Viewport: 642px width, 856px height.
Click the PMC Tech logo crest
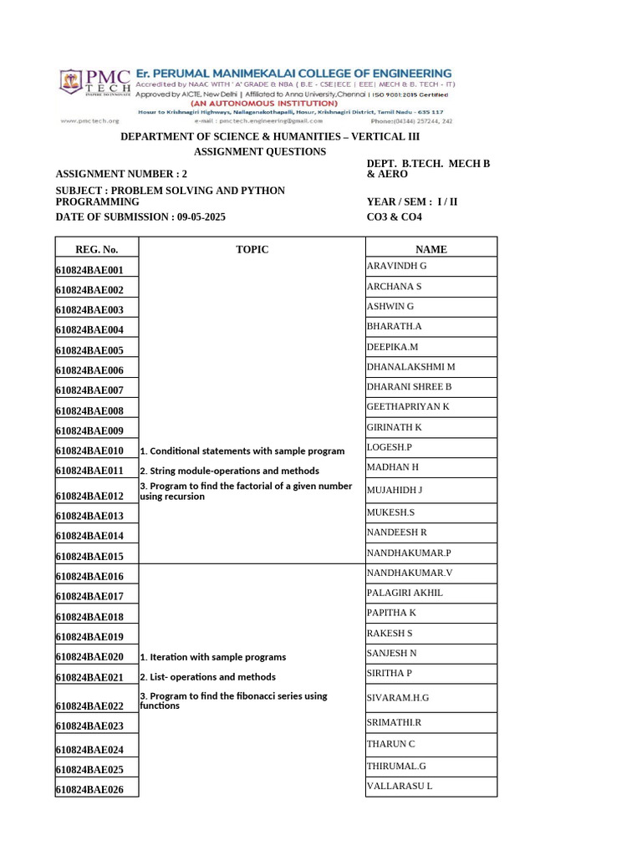(71, 82)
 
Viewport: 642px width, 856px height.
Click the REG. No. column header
(97, 249)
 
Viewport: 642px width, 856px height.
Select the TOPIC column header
(252, 249)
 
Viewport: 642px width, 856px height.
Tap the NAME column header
(431, 249)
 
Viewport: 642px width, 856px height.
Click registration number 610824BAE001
(89, 270)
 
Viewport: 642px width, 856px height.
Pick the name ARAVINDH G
(397, 266)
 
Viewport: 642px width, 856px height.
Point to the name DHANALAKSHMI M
(411, 367)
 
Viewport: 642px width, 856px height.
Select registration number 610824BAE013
(89, 516)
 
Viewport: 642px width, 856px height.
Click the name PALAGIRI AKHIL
(405, 593)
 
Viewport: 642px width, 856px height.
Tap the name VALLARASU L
(400, 786)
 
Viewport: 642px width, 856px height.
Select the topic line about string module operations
(230, 471)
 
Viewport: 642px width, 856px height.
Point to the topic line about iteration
(213, 657)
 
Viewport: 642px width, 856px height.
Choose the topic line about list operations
(208, 677)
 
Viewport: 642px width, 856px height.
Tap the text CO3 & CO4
(395, 217)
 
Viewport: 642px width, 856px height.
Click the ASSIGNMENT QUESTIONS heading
(260, 152)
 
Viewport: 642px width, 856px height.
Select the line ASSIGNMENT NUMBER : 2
(116, 174)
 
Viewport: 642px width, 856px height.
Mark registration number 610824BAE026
(89, 790)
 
